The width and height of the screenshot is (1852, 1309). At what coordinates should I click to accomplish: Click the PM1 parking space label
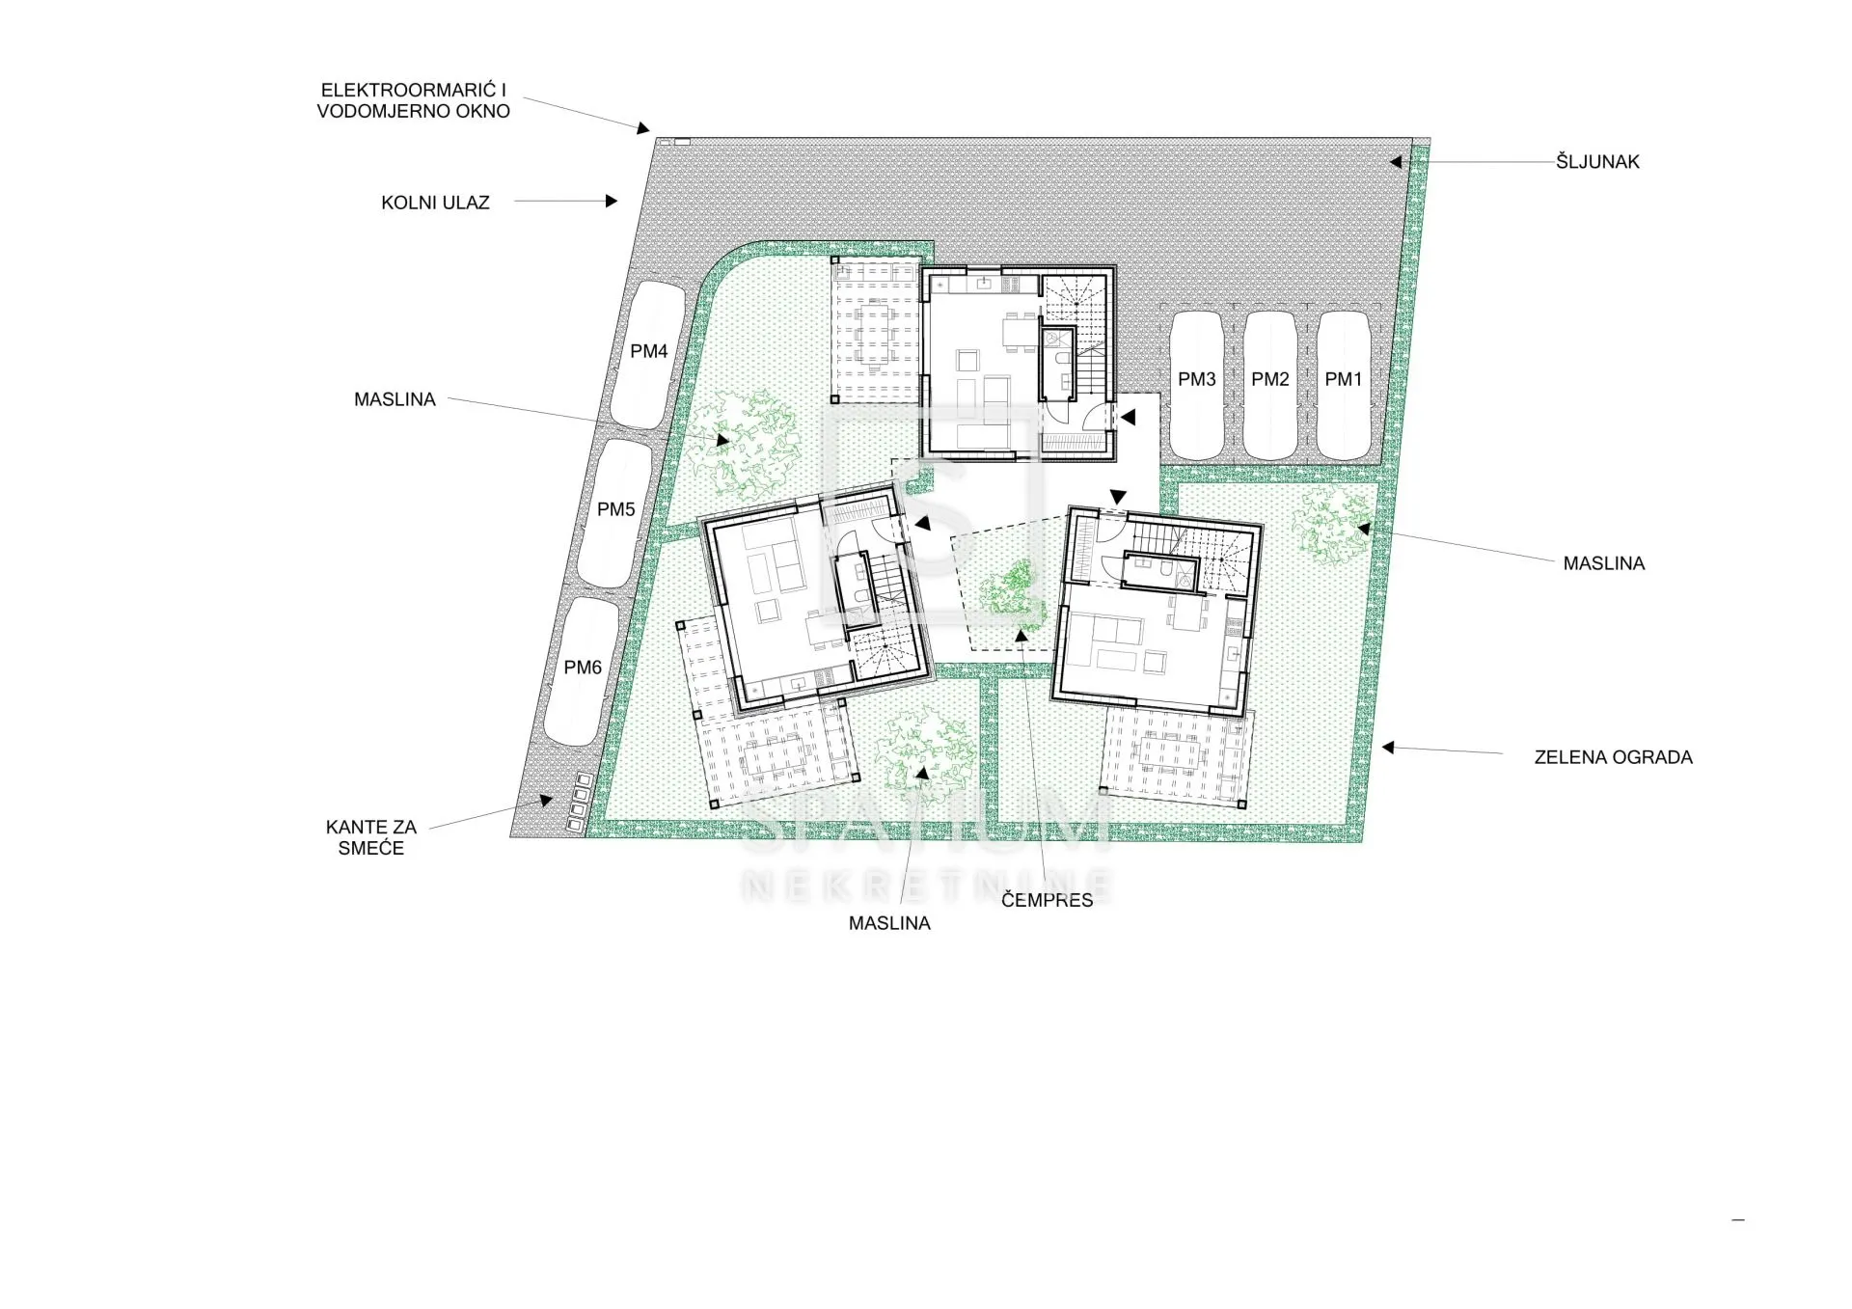[x=1343, y=380]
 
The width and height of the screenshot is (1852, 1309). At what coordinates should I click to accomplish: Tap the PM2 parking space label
[x=1269, y=380]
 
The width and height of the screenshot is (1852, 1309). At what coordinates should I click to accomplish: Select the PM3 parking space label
[x=1196, y=380]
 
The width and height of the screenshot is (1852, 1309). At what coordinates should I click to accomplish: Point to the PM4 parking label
[x=648, y=352]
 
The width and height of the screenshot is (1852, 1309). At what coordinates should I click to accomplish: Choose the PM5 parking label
[x=615, y=510]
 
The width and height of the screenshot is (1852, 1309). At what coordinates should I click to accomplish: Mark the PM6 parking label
[x=583, y=668]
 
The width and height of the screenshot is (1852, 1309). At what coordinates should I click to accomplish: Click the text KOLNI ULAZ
[x=435, y=204]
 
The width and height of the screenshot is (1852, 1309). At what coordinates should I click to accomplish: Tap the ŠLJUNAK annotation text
[x=1597, y=162]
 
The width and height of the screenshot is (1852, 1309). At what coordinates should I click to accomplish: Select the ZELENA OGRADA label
[x=1613, y=758]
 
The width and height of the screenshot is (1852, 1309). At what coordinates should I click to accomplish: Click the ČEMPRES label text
[x=1047, y=900]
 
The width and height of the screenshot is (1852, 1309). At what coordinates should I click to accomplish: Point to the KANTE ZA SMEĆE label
[x=371, y=837]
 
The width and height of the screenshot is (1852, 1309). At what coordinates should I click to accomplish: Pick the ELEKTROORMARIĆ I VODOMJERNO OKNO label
[x=413, y=100]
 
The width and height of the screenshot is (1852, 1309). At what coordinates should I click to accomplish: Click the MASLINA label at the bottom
[x=889, y=924]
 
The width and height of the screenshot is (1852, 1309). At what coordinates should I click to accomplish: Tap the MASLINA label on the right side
[x=1603, y=564]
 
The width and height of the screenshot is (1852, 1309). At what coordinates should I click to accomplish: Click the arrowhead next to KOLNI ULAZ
[x=611, y=202]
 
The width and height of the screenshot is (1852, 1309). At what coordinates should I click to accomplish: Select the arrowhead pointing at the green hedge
[x=1388, y=748]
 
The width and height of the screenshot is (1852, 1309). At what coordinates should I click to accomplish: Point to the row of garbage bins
[x=580, y=803]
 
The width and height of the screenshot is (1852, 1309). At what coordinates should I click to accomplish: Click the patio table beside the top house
[x=875, y=335]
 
